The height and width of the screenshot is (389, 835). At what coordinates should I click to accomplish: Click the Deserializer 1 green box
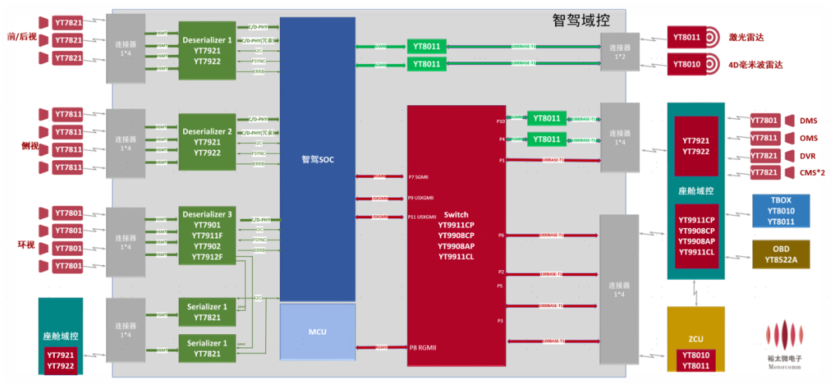click(x=207, y=50)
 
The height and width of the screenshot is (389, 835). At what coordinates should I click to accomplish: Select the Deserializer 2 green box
click(x=207, y=142)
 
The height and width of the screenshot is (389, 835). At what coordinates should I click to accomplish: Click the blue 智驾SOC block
click(x=317, y=159)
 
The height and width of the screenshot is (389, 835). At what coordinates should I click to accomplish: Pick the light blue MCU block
click(x=317, y=331)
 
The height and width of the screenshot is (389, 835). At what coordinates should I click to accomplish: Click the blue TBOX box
click(x=781, y=210)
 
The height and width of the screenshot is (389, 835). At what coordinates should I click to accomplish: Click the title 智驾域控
click(x=581, y=21)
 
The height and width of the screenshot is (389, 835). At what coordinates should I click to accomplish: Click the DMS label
click(x=808, y=121)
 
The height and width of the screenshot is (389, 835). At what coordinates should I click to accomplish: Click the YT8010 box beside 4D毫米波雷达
click(x=687, y=64)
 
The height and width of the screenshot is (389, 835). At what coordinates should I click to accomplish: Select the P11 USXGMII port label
click(x=422, y=217)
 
